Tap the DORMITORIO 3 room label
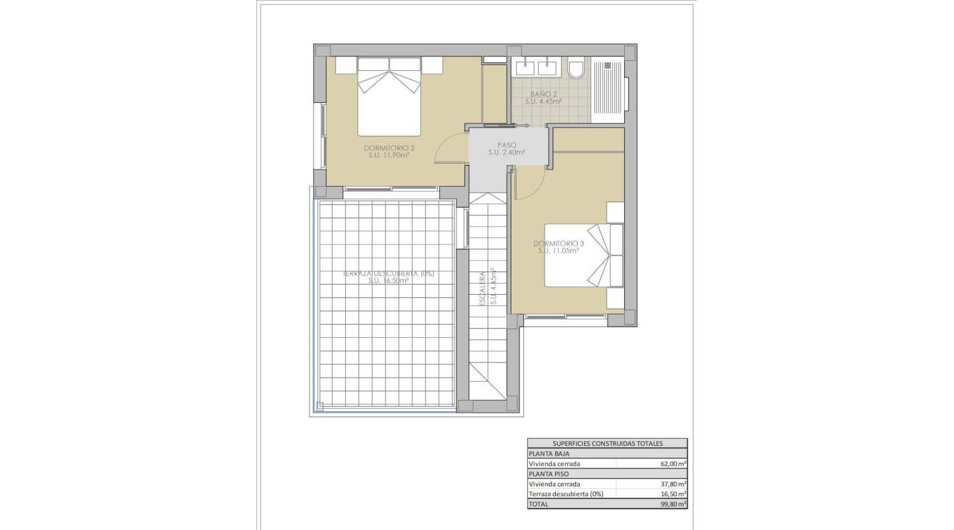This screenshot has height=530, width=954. coord(558,243)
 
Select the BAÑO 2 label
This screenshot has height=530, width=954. coord(543,94)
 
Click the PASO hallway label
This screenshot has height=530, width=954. coord(507,144)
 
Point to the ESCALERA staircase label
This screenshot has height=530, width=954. coord(484,288)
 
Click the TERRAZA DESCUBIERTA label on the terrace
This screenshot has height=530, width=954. coord(388,273)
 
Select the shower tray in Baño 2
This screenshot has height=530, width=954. coord(608,91)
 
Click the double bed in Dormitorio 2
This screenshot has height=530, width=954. coord(390,96)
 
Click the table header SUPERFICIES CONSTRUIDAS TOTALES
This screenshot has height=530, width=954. coord(607,444)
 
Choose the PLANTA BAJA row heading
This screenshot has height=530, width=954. coord(549,454)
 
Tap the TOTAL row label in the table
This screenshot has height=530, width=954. coord(539,504)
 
